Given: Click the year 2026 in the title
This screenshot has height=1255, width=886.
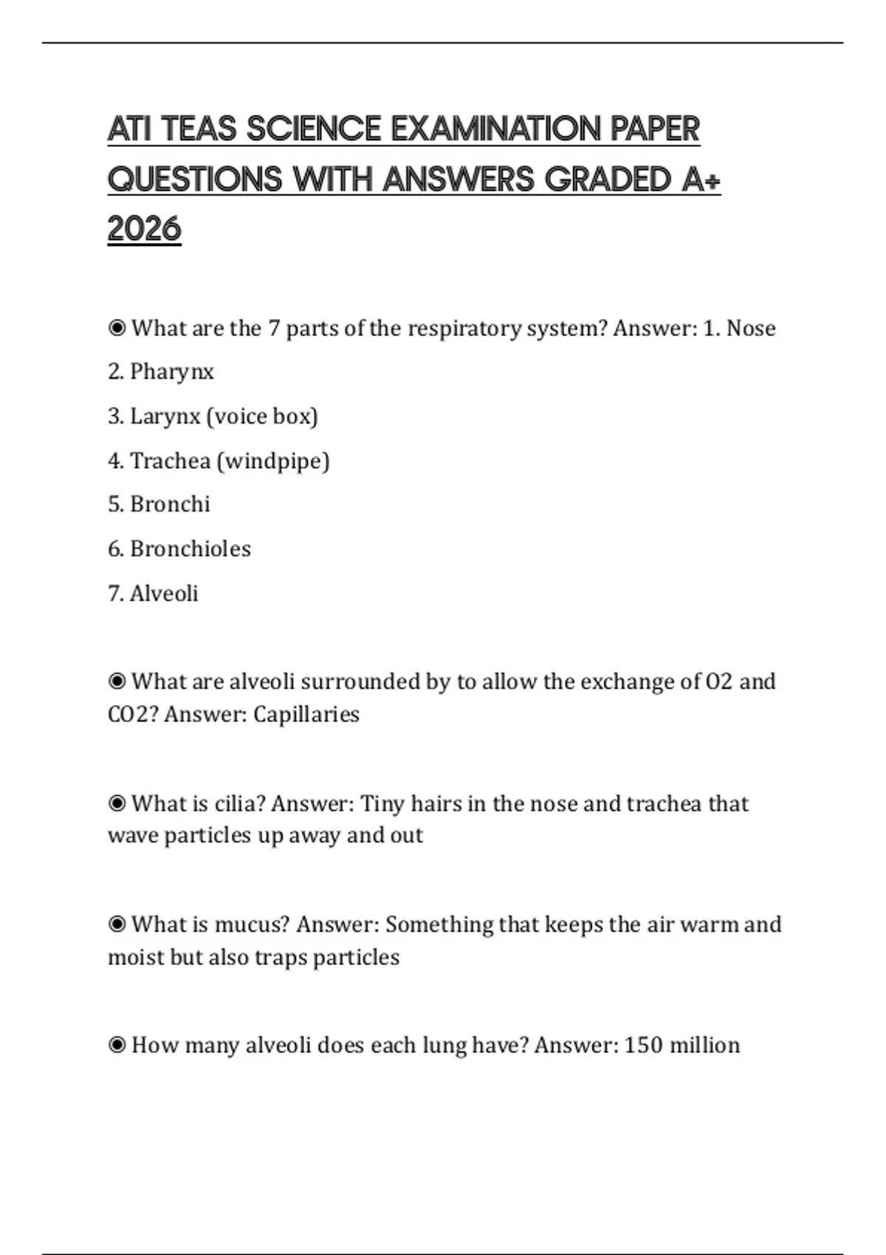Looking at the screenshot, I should point(144,229).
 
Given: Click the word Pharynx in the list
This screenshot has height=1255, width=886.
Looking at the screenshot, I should point(172,371).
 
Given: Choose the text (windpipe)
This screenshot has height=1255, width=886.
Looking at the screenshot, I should point(273,461).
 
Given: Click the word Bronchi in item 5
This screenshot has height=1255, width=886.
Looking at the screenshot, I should point(170,504).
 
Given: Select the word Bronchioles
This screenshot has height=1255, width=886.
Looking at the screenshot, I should point(190,549).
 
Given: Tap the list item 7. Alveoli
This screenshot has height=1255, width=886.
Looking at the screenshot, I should point(153,594).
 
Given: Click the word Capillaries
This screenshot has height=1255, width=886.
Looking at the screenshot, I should point(306,715).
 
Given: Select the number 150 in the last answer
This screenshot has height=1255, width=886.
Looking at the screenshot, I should point(643,1045).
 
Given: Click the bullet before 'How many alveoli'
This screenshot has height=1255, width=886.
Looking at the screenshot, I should point(117,1045).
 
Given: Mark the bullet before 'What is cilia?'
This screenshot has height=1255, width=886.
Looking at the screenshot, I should point(117,803).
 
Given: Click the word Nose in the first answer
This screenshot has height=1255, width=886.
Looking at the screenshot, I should point(751,329).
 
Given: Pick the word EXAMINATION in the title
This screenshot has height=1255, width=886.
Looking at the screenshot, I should point(496,129).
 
